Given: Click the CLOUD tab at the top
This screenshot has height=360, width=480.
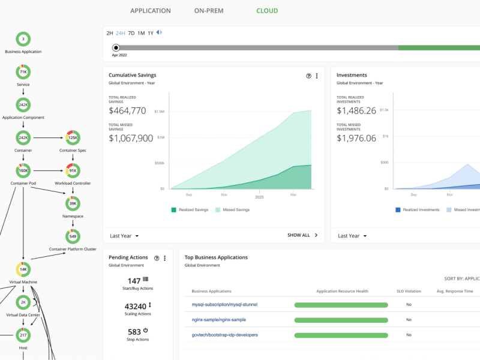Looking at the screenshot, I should click(267, 11).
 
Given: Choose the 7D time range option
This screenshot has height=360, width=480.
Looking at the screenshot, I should click(131, 33).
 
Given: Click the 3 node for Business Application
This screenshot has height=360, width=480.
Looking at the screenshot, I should click(23, 39).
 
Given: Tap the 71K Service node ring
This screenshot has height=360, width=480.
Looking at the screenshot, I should click(23, 72).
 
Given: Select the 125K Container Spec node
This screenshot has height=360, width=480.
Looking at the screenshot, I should click(73, 137).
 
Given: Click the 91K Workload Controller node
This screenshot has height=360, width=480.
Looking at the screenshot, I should click(73, 170).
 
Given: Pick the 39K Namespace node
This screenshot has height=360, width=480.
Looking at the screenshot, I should click(73, 203).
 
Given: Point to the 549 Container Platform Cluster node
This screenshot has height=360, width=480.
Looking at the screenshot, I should click(73, 236).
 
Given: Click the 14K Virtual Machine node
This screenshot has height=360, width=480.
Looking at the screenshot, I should click(23, 269).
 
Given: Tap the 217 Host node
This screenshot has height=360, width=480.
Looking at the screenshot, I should click(23, 335).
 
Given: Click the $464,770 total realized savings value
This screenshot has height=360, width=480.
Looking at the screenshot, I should click(127, 110).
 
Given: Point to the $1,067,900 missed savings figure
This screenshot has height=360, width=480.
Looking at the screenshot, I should click(131, 138).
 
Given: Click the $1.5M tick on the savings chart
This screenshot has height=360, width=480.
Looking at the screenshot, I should click(159, 112).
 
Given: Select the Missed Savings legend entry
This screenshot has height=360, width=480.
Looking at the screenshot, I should click(232, 210).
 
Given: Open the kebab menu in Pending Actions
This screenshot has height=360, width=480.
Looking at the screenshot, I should click(164, 258).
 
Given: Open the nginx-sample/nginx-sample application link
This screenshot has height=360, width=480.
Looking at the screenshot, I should click(219, 320).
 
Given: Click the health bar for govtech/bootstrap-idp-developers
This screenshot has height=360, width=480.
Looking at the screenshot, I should click(341, 335).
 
